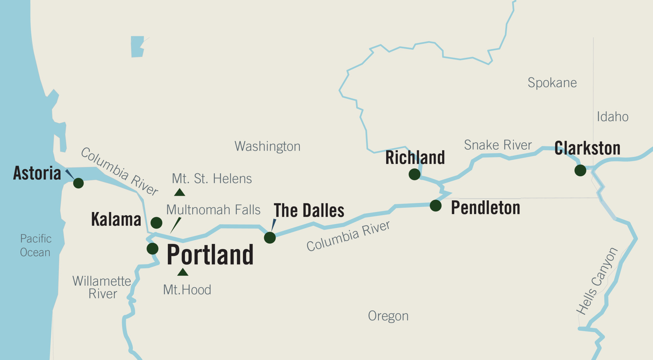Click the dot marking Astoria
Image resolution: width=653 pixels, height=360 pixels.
pyautogui.click(x=78, y=183)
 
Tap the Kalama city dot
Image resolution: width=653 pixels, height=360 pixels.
pyautogui.click(x=156, y=222)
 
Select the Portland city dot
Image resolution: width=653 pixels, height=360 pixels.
pyautogui.click(x=152, y=248)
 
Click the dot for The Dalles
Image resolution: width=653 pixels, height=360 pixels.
pyautogui.click(x=270, y=238)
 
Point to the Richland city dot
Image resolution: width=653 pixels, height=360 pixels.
pyautogui.click(x=414, y=174)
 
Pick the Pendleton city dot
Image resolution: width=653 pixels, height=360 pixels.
pyautogui.click(x=435, y=206)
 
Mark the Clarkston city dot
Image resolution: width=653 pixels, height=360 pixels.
pyautogui.click(x=580, y=170)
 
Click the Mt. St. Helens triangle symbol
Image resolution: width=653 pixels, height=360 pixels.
pyautogui.click(x=180, y=192)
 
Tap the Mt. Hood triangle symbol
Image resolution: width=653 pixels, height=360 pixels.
pyautogui.click(x=183, y=272)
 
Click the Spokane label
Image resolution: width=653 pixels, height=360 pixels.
pyautogui.click(x=552, y=83)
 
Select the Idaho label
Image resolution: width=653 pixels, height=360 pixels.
pyautogui.click(x=612, y=117)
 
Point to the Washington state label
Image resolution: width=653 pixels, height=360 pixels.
pyautogui.click(x=267, y=146)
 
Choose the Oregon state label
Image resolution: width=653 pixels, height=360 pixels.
pyautogui.click(x=388, y=316)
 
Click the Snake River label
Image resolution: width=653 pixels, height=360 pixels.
pyautogui.click(x=498, y=145)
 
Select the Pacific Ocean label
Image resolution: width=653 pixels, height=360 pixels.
pyautogui.click(x=35, y=245)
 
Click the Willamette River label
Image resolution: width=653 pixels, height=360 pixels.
pyautogui.click(x=102, y=287)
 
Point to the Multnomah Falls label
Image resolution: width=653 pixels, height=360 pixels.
pyautogui.click(x=213, y=210)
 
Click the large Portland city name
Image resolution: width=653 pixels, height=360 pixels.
pyautogui.click(x=210, y=255)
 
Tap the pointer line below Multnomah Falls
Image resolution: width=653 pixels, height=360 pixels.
pyautogui.click(x=176, y=225)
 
